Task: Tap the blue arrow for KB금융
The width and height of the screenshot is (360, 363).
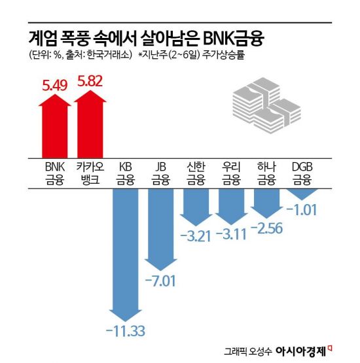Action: [124, 249]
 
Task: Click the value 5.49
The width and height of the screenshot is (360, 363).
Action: [54, 84]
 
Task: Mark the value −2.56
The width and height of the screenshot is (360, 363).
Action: [266, 228]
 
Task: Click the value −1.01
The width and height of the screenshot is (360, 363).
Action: [302, 210]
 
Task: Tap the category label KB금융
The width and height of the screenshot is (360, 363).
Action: [124, 172]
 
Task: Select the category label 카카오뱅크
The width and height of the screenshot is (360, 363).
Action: [90, 172]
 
